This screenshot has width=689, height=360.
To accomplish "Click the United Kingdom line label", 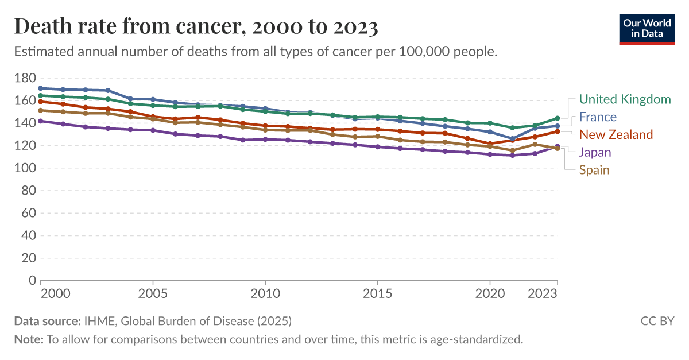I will [x=625, y=99].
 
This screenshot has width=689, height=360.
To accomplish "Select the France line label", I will [x=598, y=117].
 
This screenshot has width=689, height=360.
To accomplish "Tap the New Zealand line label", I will [x=616, y=135].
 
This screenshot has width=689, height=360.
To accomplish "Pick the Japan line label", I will [x=595, y=152].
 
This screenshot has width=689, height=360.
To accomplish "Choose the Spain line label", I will [x=594, y=170].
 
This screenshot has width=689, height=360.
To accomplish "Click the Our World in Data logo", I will [x=647, y=28].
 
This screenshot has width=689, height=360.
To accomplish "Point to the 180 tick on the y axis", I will [x=25, y=78].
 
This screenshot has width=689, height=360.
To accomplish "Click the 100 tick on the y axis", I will [x=25, y=168].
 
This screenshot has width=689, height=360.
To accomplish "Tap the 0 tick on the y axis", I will [x=32, y=281].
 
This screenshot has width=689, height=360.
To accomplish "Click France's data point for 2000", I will [x=40, y=88].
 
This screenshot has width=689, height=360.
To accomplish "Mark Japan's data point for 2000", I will [x=40, y=121].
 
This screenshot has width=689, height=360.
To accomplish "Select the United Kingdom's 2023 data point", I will [x=557, y=118].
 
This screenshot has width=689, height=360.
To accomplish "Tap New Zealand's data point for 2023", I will [x=557, y=131].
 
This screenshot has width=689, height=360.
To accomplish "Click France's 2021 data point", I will [x=512, y=139].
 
